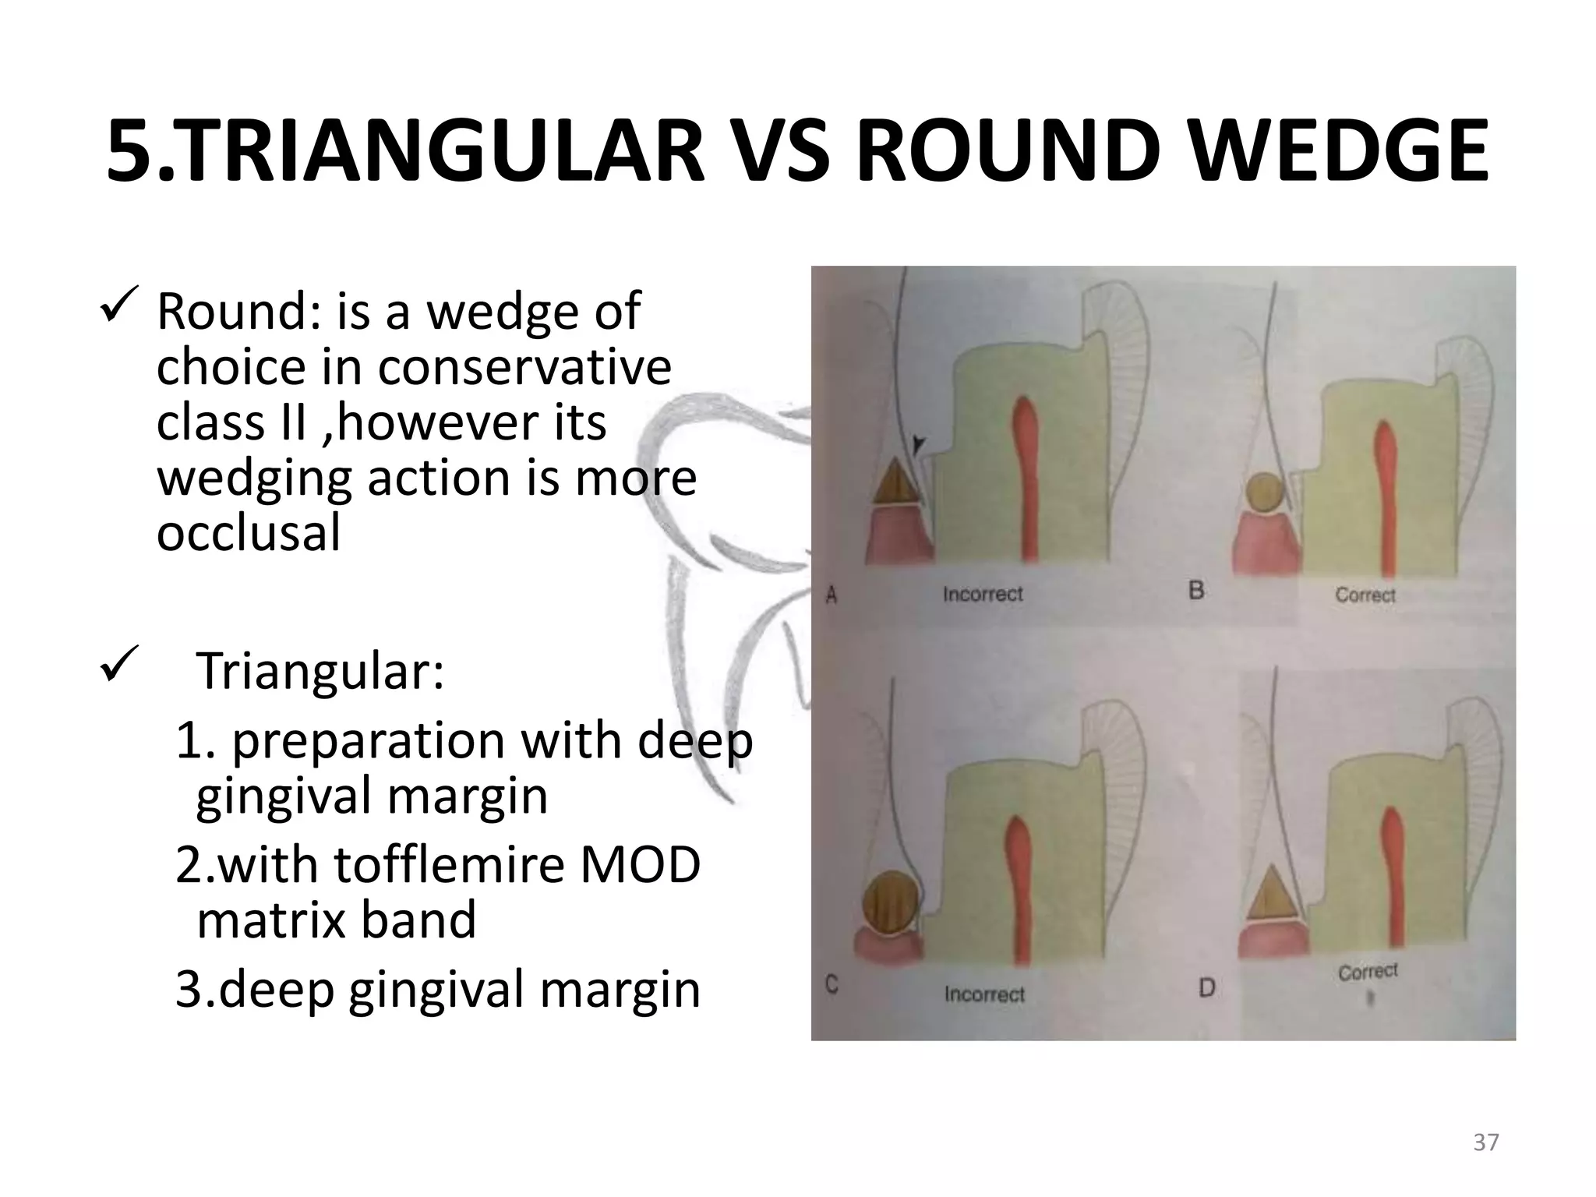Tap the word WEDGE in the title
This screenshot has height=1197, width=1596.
1325,152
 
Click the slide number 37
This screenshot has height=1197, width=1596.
1485,1142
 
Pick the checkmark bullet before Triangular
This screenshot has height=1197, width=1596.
119,663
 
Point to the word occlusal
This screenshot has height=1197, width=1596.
249,534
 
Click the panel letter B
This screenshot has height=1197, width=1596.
1196,591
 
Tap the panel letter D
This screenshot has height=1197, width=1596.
1206,989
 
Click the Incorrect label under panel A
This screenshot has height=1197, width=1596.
982,595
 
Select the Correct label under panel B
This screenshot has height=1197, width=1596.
1365,595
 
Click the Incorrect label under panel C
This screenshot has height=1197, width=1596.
983,994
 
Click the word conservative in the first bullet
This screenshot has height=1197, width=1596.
524,367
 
